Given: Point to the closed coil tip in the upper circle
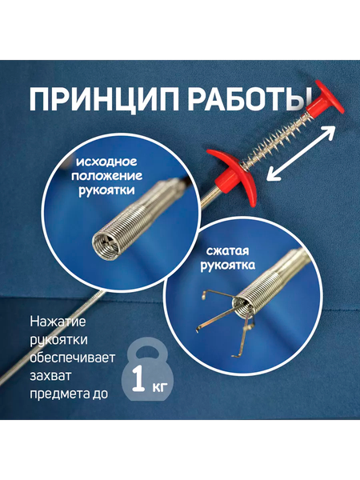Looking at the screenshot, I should pyautogui.click(x=106, y=240).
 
